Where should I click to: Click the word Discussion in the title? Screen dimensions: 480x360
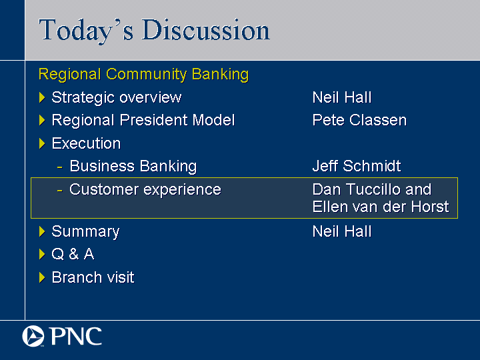pyautogui.click(x=206, y=30)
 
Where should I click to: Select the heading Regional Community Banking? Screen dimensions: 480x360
pyautogui.click(x=143, y=75)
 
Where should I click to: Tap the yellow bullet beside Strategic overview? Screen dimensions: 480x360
pyautogui.click(x=42, y=97)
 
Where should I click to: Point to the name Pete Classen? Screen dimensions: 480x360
pyautogui.click(x=359, y=120)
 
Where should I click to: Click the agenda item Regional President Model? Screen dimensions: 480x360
pyautogui.click(x=143, y=120)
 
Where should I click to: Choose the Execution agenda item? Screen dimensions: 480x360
pyautogui.click(x=86, y=143)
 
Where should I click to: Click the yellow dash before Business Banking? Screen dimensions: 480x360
pyautogui.click(x=60, y=167)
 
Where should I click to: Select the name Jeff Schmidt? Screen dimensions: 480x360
pyautogui.click(x=357, y=166)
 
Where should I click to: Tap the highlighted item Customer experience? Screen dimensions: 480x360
pyautogui.click(x=145, y=189)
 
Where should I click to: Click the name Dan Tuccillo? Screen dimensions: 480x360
pyautogui.click(x=357, y=189)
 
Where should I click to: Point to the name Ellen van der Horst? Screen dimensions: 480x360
pyautogui.click(x=381, y=207)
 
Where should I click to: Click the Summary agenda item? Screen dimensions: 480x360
pyautogui.click(x=85, y=232)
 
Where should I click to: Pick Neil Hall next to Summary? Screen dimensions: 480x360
pyautogui.click(x=342, y=231)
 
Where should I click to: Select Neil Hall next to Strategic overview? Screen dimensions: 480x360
pyautogui.click(x=342, y=97)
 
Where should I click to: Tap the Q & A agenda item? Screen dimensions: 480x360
pyautogui.click(x=73, y=254)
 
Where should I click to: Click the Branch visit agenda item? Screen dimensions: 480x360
pyautogui.click(x=93, y=277)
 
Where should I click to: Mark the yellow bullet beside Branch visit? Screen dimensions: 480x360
pyautogui.click(x=42, y=277)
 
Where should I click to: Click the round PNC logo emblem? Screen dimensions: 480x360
pyautogui.click(x=33, y=336)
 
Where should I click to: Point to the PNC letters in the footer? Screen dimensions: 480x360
pyautogui.click(x=76, y=336)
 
